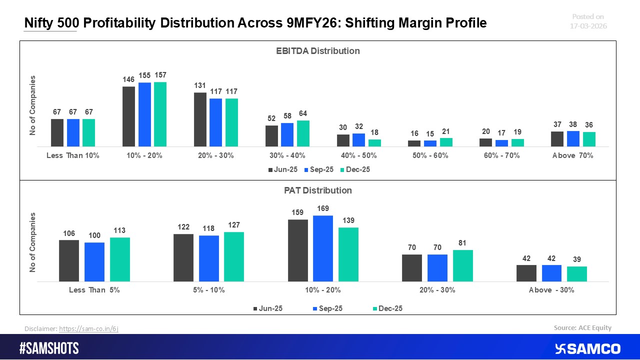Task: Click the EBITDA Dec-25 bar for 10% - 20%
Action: click(x=160, y=114)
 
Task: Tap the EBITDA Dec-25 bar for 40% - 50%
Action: click(x=374, y=143)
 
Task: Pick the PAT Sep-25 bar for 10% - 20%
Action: click(x=323, y=248)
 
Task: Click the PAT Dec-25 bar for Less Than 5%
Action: click(x=120, y=259)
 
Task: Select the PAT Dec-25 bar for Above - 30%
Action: click(x=577, y=274)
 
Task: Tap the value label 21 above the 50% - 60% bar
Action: click(x=446, y=132)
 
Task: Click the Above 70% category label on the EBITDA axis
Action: click(x=572, y=155)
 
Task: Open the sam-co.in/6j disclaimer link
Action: click(x=88, y=328)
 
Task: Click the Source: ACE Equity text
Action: click(x=582, y=328)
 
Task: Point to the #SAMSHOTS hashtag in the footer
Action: click(x=49, y=348)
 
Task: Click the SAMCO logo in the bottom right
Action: click(x=587, y=348)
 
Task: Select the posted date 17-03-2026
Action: click(x=588, y=26)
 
